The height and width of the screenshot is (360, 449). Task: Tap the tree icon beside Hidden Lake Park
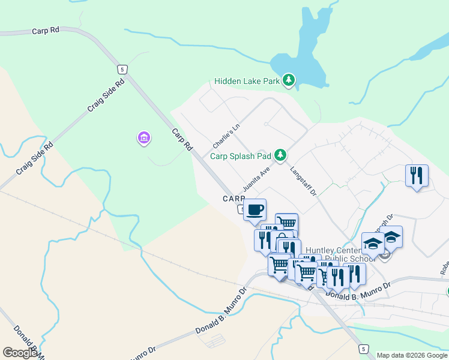[x=289, y=80]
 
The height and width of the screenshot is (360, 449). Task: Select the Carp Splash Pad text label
[x=240, y=156]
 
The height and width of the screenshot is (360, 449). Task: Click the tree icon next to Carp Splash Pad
[x=280, y=155]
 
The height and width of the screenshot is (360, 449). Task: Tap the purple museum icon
[x=143, y=139]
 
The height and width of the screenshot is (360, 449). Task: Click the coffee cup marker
[x=255, y=209]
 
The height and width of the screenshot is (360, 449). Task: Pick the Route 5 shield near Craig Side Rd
[x=122, y=70]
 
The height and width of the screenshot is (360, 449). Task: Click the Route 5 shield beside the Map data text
[x=363, y=349]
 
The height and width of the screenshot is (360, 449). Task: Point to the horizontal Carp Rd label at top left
[x=46, y=29]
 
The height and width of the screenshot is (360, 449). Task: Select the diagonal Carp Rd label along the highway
[x=181, y=139]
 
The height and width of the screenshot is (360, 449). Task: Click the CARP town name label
[x=234, y=199]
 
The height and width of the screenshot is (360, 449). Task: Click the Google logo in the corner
[x=20, y=353]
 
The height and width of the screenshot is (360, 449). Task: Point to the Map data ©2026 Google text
[x=412, y=355]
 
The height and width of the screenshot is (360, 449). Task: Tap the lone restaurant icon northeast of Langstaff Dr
[x=417, y=175]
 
